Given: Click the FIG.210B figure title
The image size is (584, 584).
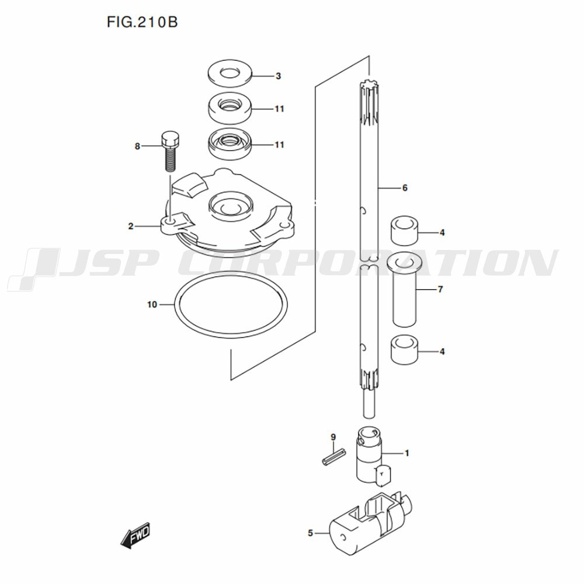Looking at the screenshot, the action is point(142,22).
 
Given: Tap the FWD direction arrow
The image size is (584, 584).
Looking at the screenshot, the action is point(135,536).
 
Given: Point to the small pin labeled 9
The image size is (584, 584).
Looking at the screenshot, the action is point(333,457).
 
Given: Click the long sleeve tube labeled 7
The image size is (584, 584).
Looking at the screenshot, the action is point(405,290).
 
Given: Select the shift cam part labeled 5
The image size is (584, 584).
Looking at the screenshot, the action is point(371,524).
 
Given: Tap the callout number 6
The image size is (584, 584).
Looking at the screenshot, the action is point(405,187).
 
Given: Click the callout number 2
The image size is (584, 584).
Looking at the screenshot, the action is point(131,226).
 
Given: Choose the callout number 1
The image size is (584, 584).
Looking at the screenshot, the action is point(406,453).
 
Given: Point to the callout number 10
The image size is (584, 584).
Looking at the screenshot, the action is point(152,305).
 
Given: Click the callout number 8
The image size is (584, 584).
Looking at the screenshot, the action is point(137,147).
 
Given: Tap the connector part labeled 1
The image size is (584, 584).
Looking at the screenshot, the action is point(373,456).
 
